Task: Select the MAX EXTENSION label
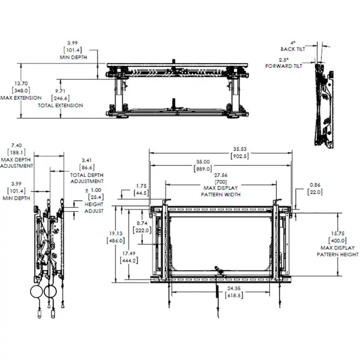click(21, 97)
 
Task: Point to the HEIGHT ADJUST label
click(95, 208)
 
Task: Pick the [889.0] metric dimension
click(202, 169)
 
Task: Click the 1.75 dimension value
click(141, 186)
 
